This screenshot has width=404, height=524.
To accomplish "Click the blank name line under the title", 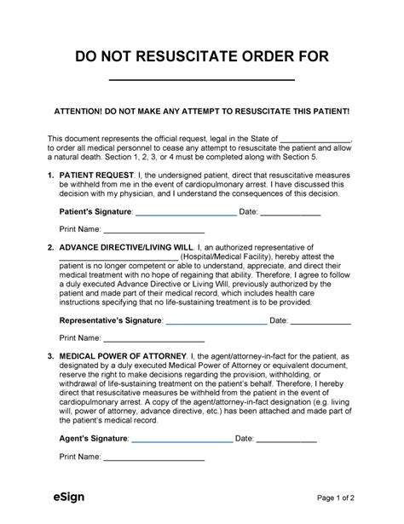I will pyautogui.click(x=202, y=80).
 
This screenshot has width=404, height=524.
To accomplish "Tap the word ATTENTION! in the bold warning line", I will pyautogui.click(x=79, y=112).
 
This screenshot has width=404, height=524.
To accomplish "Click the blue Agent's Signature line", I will pyautogui.click(x=182, y=444).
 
